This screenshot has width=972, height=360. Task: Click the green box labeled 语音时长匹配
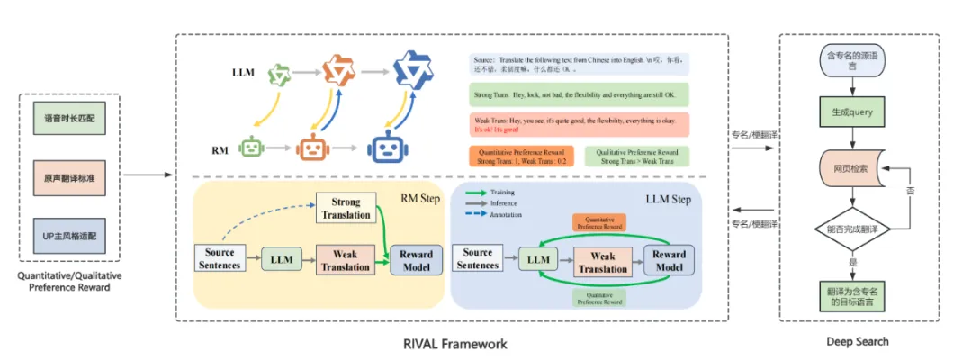pos(68,117)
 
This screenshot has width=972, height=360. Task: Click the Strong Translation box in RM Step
pos(346,209)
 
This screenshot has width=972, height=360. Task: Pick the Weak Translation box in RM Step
pos(346,261)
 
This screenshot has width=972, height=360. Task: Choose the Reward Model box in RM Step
pos(417,261)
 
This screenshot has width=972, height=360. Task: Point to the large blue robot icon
pos(386,146)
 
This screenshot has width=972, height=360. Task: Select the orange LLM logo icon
pos(337,69)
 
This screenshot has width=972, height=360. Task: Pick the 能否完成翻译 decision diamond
pos(846,229)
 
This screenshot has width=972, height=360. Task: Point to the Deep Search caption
pos(858,341)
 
